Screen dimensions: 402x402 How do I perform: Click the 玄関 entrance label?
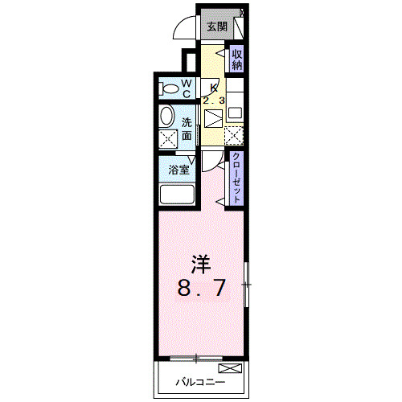click(216, 26)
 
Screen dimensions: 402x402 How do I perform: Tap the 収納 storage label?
click(237, 60)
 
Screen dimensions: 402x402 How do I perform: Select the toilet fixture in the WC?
click(170, 88)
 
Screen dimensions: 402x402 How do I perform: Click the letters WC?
click(186, 88)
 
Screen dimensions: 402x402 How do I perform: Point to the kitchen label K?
click(213, 88)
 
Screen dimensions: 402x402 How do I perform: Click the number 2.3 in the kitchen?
click(214, 100)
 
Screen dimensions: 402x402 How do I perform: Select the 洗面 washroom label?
click(187, 129)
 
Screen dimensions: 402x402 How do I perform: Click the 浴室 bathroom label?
click(178, 170)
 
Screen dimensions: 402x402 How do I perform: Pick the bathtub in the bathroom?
click(176, 195)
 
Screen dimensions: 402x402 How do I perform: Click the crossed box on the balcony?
click(229, 369)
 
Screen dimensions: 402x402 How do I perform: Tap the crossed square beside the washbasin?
click(168, 139)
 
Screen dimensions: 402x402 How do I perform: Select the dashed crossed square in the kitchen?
click(234, 137)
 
